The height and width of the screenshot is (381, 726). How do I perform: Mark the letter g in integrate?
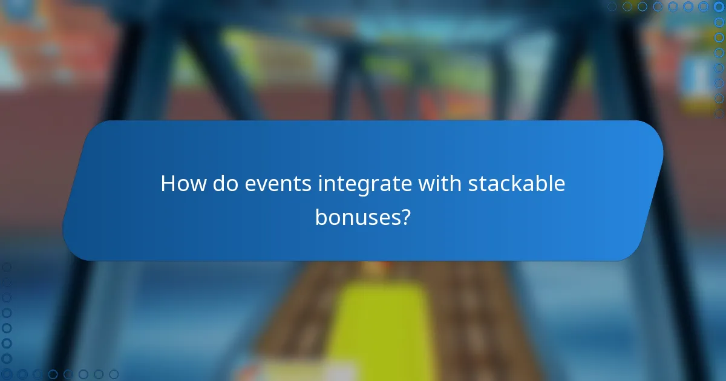coord(368,187)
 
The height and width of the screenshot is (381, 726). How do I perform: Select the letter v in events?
coord(261,185)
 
